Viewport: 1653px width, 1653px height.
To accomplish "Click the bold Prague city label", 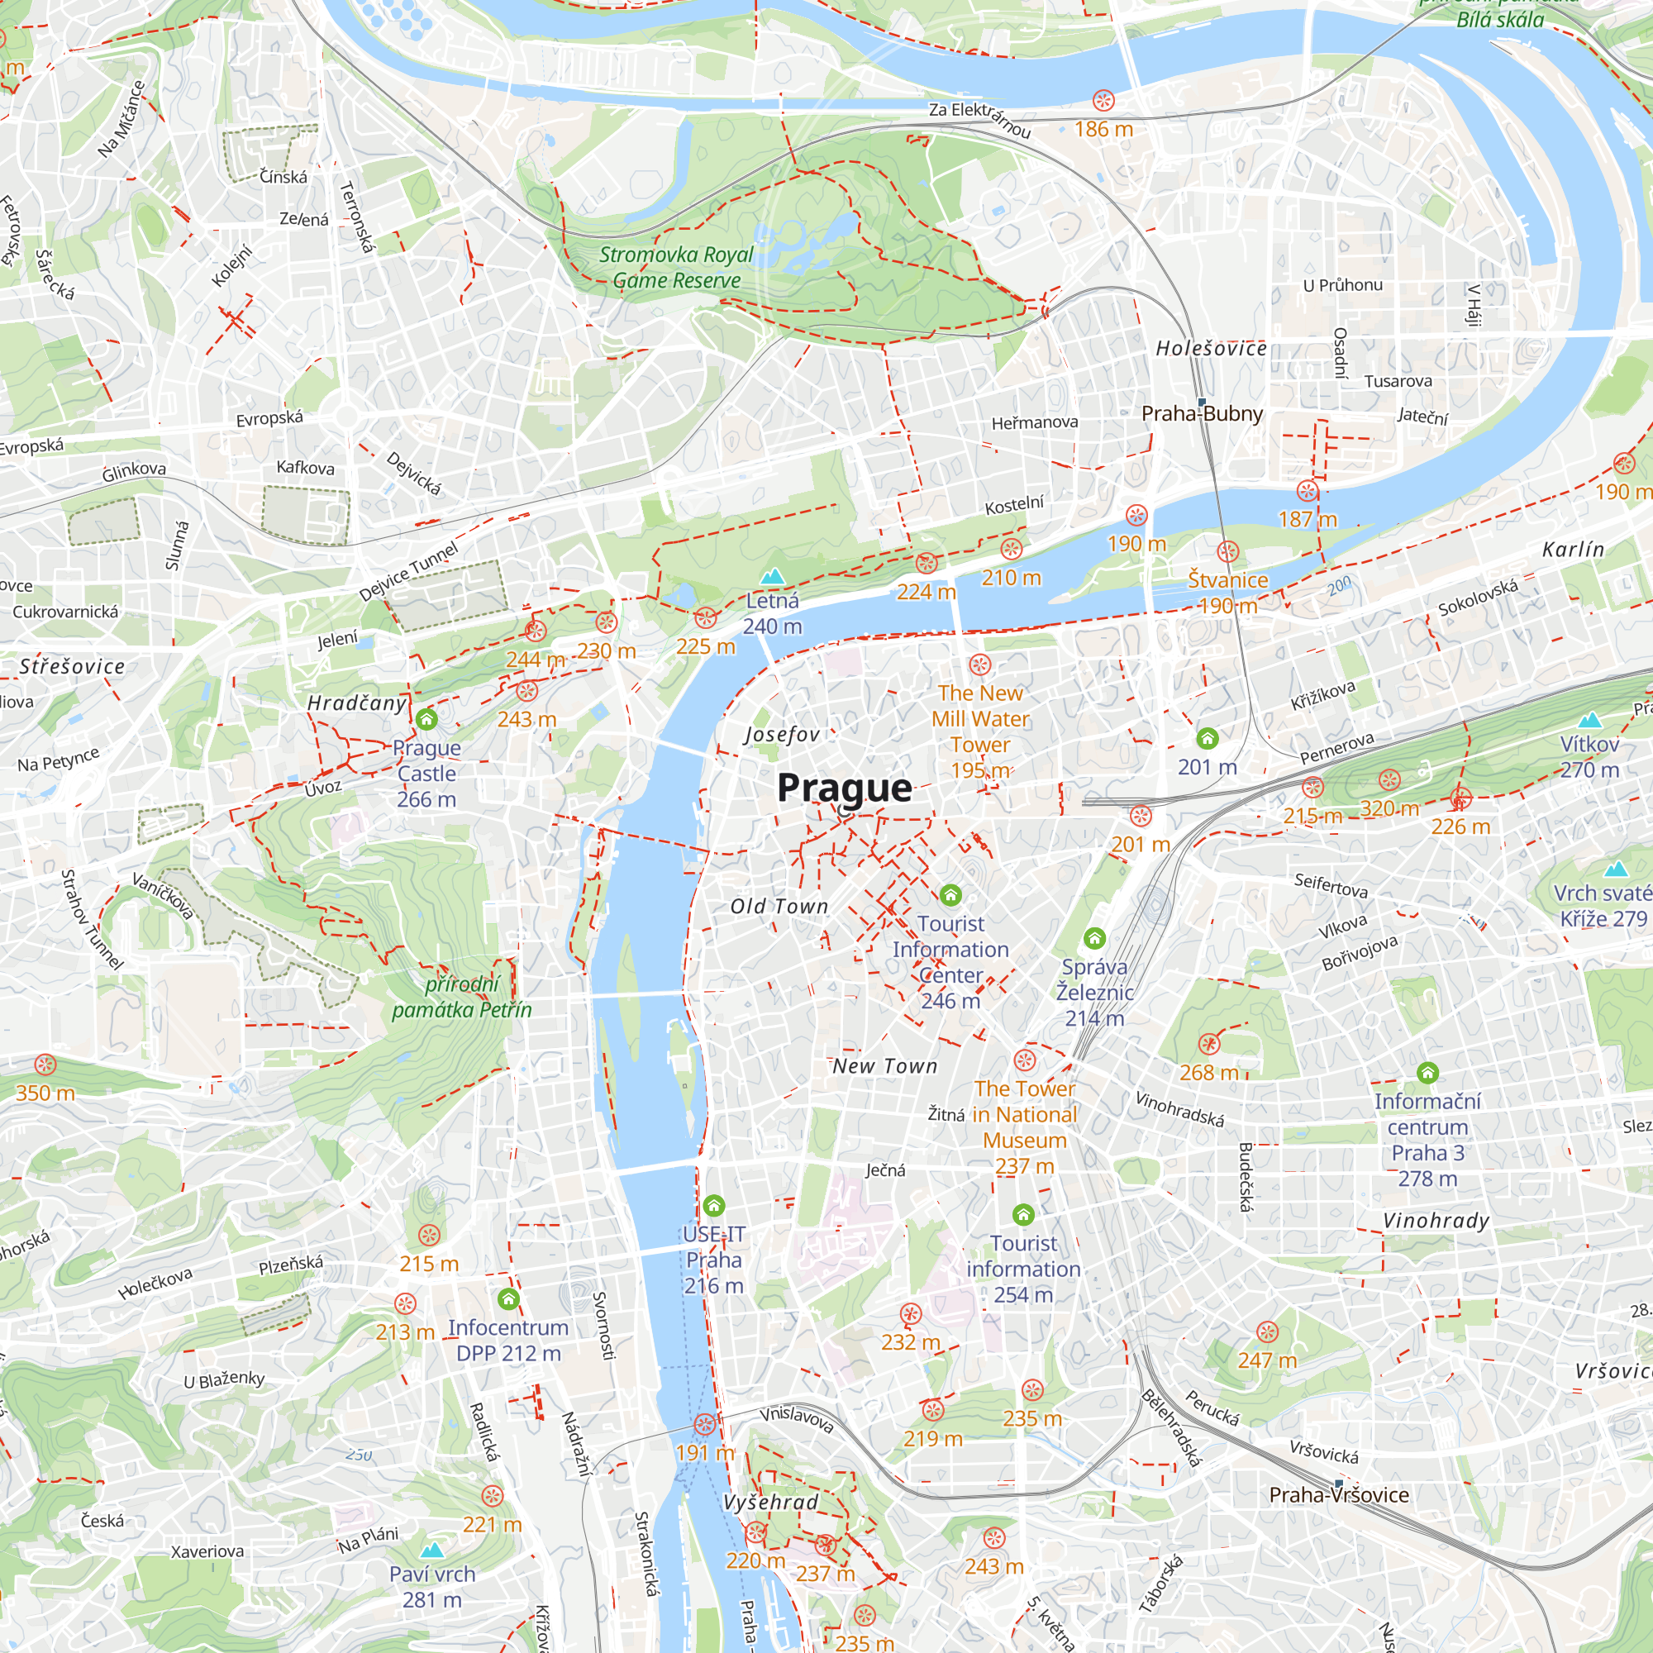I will coord(844,788).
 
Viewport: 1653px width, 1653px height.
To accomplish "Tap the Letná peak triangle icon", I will coord(773,576).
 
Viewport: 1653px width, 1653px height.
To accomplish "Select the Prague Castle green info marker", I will coord(427,720).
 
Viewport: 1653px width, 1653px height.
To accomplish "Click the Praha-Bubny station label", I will coord(1201,414).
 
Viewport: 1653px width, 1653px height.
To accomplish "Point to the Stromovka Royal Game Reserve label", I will coord(676,267).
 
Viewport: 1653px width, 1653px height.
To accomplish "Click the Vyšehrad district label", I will coord(770,1503).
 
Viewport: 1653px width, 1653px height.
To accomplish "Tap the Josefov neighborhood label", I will coord(782,734).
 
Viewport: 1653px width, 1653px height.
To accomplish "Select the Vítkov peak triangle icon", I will coord(1589,720).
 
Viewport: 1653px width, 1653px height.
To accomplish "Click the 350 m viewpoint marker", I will coord(45,1065).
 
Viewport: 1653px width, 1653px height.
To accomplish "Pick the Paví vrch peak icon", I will coord(432,1550).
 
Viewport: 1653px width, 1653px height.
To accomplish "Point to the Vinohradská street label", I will coord(1179,1109).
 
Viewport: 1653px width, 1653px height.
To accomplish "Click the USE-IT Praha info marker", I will coord(713,1207).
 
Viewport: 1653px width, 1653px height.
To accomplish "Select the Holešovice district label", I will coord(1211,348).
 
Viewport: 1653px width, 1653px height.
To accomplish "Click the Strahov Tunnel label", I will coord(92,920).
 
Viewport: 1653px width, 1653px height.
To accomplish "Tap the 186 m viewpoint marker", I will coord(1103,101).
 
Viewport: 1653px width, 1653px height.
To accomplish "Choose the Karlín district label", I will coord(1573,550).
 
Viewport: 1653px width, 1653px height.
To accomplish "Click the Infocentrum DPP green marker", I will coord(508,1299).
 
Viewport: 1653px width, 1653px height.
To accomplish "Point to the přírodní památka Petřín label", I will coord(462,997).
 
